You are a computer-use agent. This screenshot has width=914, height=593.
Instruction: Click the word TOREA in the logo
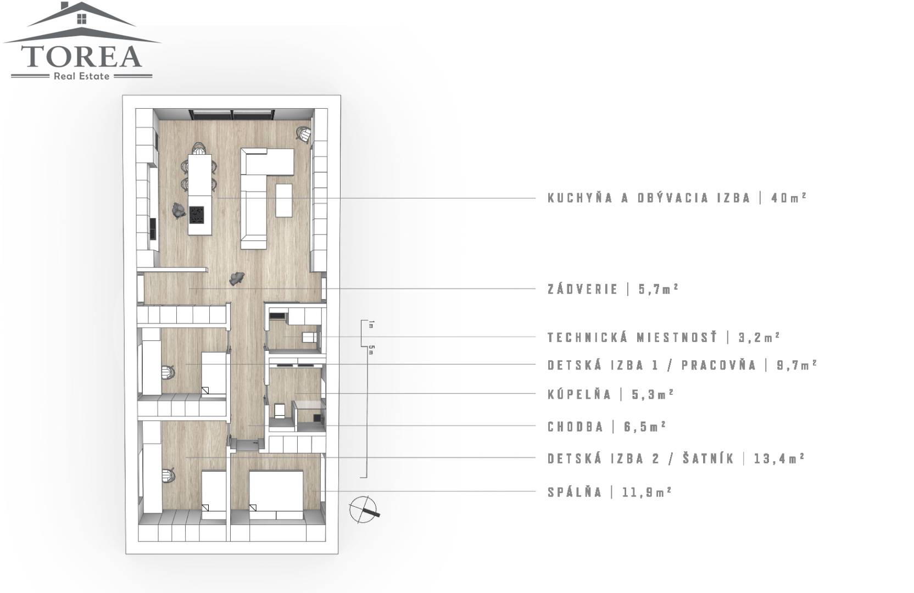pos(81,57)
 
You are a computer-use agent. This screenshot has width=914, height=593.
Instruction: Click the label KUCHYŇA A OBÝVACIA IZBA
pos(649,198)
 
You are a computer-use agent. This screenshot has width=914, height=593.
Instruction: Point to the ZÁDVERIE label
pos(583,289)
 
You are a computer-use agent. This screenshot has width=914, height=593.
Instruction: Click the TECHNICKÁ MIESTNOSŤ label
pos(632,337)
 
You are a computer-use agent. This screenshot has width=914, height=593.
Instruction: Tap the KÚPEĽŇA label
pos(579,394)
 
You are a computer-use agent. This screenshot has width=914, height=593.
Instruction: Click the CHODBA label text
pos(575,427)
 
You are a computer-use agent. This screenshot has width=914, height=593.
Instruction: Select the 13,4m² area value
pos(779,458)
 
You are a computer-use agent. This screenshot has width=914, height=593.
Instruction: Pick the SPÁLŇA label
pos(575,492)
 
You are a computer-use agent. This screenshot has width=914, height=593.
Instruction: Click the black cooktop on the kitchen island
pos(197,214)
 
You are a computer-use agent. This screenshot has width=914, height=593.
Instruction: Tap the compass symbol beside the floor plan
pos(364,510)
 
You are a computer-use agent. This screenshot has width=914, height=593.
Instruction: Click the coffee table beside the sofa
pos(284,200)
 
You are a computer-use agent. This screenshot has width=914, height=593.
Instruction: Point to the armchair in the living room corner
pos(304,134)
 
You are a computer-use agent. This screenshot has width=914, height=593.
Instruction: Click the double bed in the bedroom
pos(276,495)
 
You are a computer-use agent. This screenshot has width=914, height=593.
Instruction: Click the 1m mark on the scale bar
pos(371,325)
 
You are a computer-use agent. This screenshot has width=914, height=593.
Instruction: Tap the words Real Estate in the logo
pos(82,76)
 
